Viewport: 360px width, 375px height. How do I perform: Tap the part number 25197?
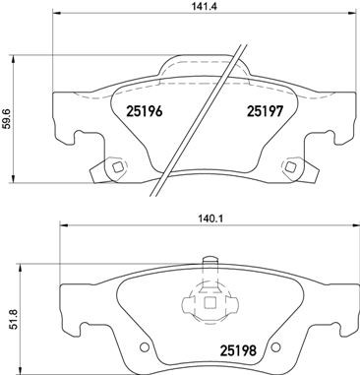pyautogui.click(x=263, y=111)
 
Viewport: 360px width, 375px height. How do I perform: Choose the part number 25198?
pyautogui.click(x=263, y=348)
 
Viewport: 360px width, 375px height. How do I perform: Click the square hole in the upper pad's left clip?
pyautogui.click(x=116, y=166)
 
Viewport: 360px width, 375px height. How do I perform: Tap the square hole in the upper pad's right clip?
pyautogui.click(x=291, y=166)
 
